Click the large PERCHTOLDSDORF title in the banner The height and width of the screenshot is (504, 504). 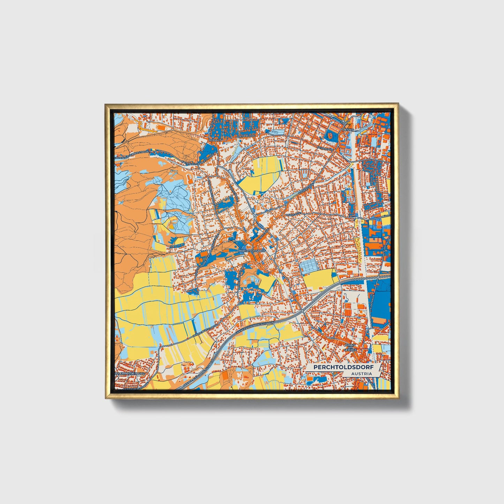pos(342,367)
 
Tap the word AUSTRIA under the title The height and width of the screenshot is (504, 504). pos(361,374)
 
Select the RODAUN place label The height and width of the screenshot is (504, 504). pos(215,140)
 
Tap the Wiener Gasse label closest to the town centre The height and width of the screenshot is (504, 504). pos(262,236)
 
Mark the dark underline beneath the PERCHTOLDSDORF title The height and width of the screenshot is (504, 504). pos(342,371)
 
